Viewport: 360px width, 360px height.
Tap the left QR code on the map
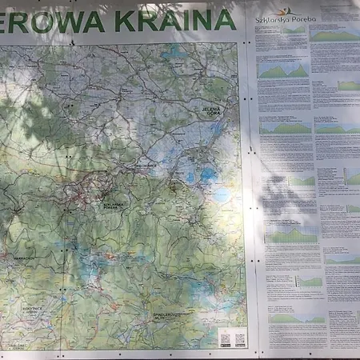(225, 339)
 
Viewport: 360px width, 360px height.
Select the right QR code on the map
(240, 339)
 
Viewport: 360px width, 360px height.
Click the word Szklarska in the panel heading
(270, 18)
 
